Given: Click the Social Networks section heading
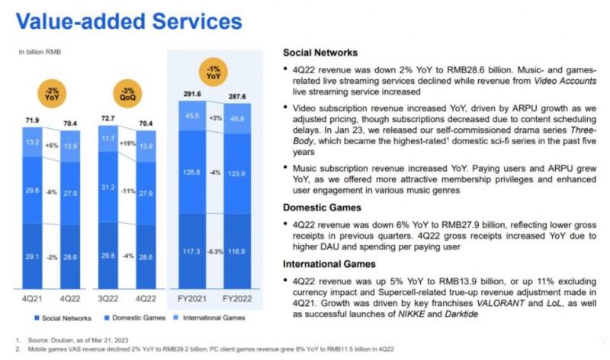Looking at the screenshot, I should (320, 53).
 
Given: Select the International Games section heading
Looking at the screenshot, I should (329, 264).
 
